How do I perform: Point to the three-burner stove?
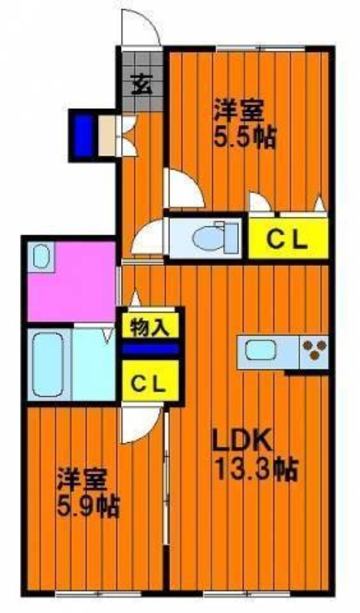pos(314,350)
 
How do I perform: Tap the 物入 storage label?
pos(149,327)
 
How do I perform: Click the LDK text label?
pos(241,440)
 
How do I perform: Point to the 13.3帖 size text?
pos(257,468)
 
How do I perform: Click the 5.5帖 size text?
pos(244,137)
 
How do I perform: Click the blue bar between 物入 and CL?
pos(150,349)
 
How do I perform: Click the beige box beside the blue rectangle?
pos(106,136)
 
